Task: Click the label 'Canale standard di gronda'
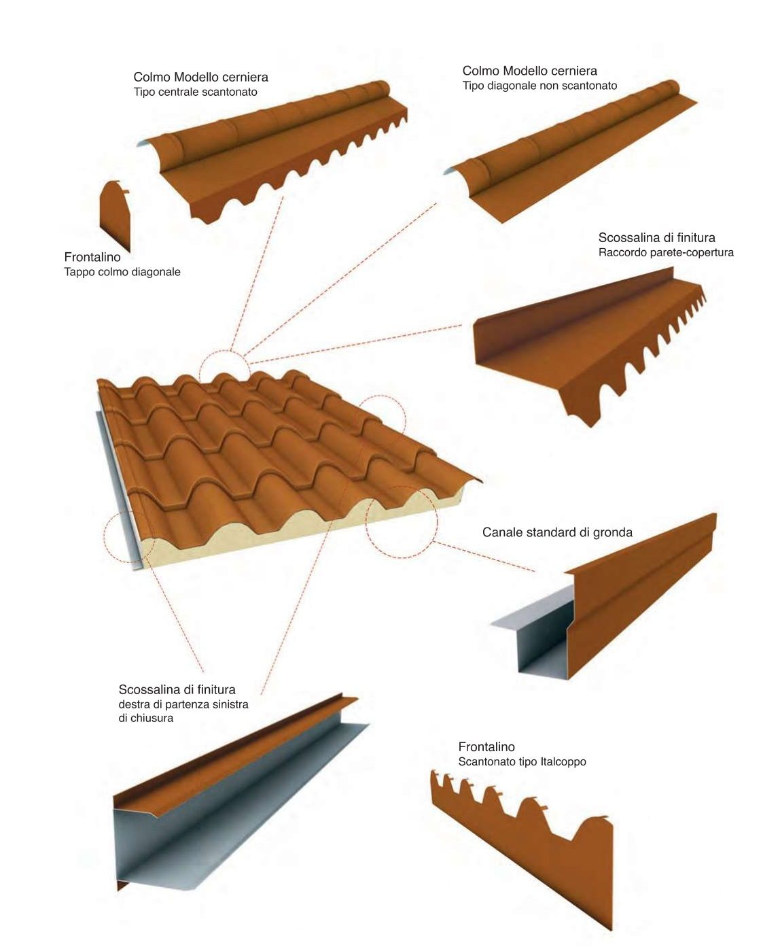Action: [557, 532]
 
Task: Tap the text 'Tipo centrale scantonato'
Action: [195, 92]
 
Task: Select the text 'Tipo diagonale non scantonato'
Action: [539, 86]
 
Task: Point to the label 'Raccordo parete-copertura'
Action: [666, 252]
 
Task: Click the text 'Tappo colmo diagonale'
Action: [122, 272]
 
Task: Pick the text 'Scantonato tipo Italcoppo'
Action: [522, 761]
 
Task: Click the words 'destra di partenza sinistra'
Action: [183, 704]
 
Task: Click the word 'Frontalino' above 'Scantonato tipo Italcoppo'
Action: [486, 746]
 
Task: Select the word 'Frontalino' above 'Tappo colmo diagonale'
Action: [92, 257]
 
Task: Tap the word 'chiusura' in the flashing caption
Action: [153, 718]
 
